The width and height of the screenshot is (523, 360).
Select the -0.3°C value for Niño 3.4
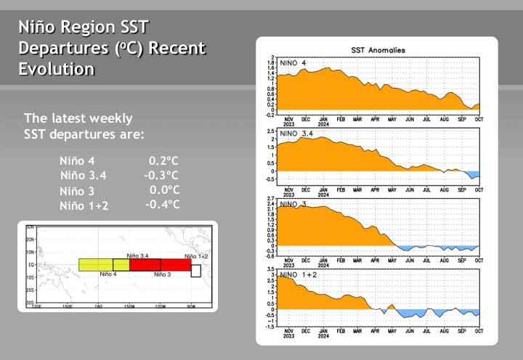point(161,175)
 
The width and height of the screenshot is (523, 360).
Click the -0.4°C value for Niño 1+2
point(162,205)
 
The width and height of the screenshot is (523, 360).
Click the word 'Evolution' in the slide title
point(56,70)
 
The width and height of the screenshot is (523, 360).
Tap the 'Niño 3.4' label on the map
point(138,255)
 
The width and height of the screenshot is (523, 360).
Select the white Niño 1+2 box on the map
point(195,270)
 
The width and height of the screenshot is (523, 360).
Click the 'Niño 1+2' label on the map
point(196,256)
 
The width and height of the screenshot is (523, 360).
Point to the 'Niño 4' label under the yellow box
point(108,274)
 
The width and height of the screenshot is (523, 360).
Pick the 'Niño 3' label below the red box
point(162,275)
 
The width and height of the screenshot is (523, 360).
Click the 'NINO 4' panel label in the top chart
point(293,64)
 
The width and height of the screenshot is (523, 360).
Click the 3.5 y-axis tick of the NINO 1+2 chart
point(272,269)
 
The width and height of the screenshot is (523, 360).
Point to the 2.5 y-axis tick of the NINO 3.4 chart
point(272,131)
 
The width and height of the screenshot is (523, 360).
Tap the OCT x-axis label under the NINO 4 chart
point(479,118)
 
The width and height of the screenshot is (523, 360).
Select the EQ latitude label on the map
point(31,265)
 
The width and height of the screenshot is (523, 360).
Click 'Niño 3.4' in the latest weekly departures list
point(84,175)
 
